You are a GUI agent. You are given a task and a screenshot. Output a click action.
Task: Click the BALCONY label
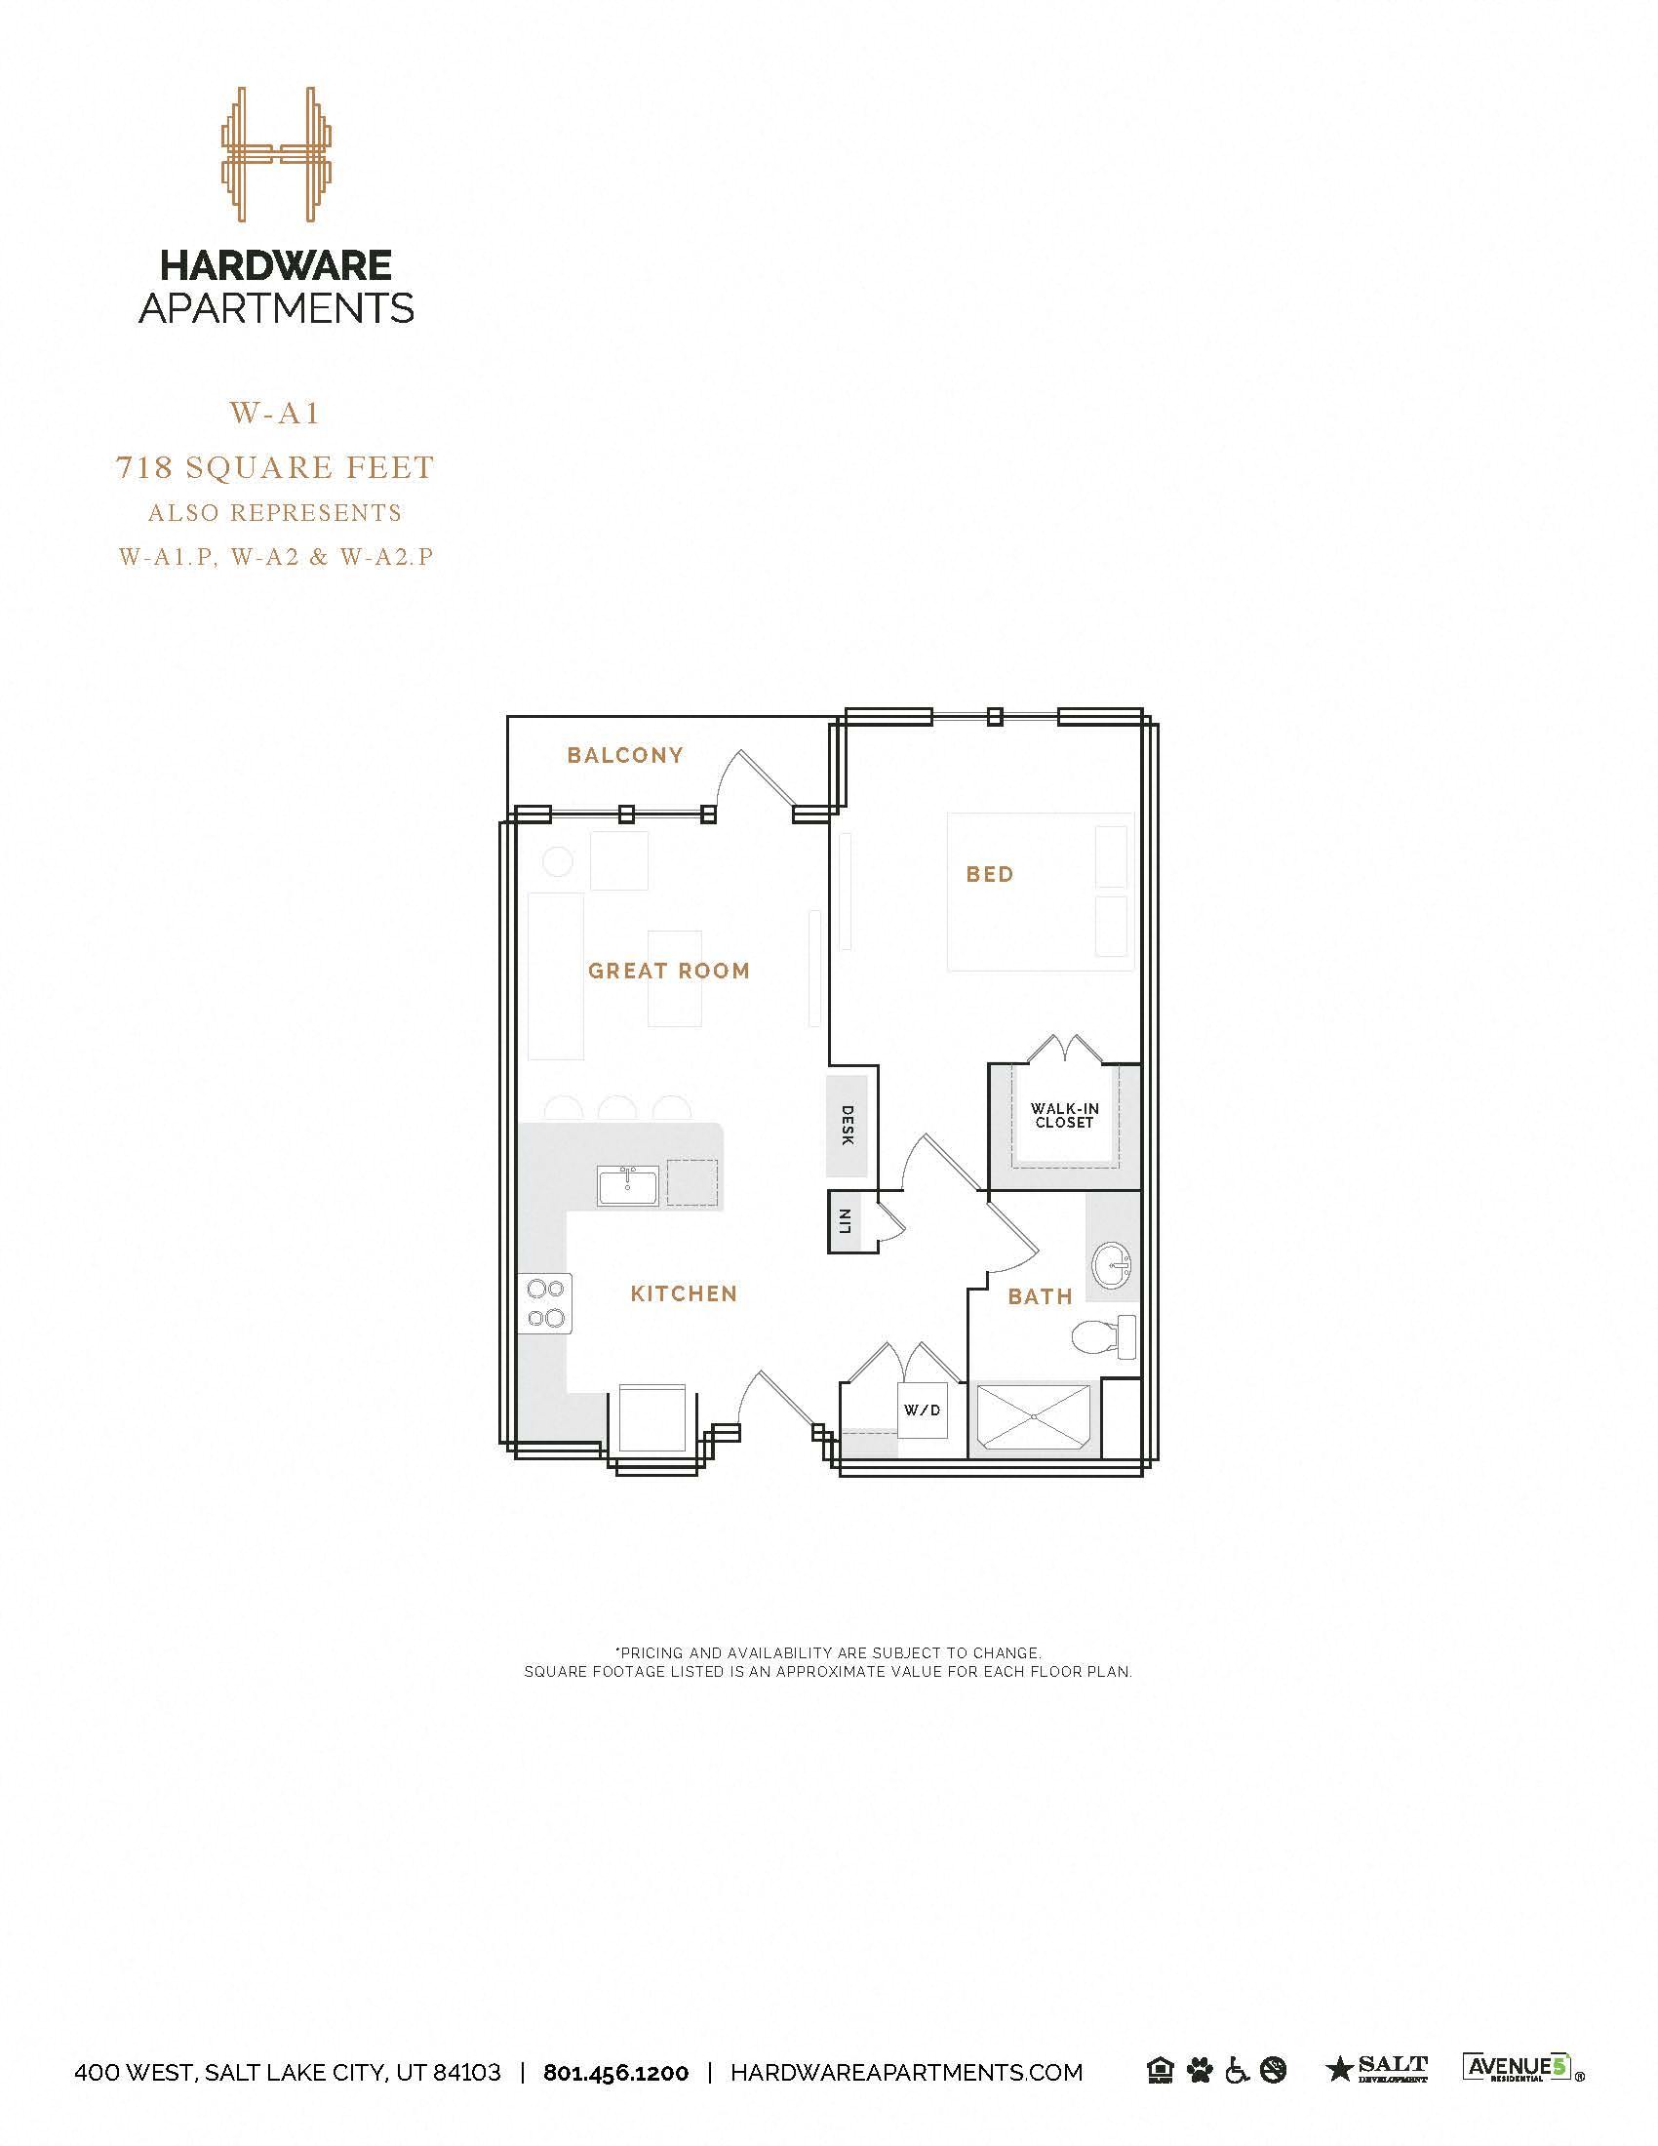625,755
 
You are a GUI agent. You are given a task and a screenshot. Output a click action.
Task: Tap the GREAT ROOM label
669,971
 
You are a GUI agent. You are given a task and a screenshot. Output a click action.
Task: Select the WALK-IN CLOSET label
1065,1115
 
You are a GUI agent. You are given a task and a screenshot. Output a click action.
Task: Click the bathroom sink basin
1113,1262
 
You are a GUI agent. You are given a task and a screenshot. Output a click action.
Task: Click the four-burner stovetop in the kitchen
545,1303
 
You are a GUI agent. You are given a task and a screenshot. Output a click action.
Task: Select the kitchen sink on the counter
629,1186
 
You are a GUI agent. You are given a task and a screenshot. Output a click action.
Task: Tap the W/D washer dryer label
922,1411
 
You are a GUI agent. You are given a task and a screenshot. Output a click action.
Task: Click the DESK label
848,1125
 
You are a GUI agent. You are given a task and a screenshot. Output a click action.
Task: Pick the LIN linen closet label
844,1221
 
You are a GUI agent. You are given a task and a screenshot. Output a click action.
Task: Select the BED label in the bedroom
989,875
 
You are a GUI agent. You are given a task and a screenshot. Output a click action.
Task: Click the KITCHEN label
684,1294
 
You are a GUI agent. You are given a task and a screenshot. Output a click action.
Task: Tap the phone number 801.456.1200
615,2072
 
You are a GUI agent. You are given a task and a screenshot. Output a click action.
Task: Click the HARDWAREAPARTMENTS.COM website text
907,2072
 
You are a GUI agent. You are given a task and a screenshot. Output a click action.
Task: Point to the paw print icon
1200,2070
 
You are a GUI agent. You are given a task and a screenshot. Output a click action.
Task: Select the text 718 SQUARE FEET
275,467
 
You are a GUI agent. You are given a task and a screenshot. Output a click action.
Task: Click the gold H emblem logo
277,154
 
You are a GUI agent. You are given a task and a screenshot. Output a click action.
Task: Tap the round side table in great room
558,861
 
